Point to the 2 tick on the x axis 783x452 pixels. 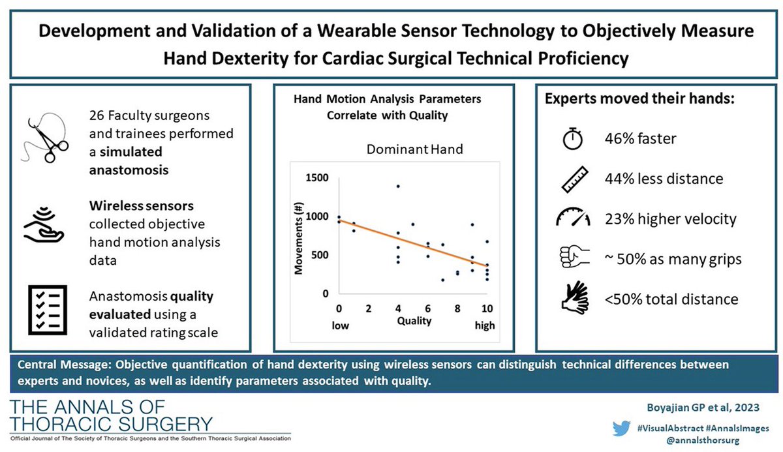[x=369, y=308]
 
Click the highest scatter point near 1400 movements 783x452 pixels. [x=397, y=187]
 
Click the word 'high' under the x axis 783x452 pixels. [x=484, y=324]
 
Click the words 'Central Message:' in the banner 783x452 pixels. [x=56, y=363]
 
